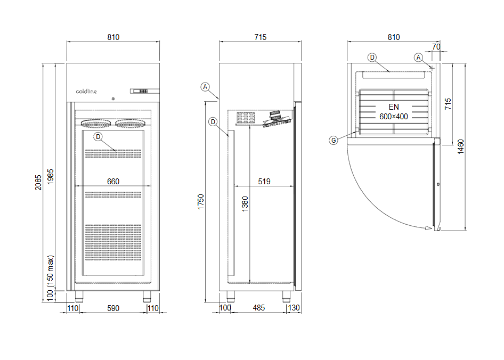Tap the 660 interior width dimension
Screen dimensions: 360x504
tap(113, 182)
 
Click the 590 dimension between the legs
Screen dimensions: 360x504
tap(113, 308)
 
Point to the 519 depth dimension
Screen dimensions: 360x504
tap(264, 182)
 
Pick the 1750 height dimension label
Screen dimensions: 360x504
tap(201, 202)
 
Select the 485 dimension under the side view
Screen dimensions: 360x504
tap(259, 308)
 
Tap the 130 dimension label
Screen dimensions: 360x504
tap(294, 308)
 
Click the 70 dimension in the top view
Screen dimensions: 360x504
tap(436, 47)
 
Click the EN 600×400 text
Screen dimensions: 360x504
tap(394, 112)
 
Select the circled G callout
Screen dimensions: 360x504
tap(334, 141)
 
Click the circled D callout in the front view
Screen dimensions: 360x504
tap(98, 137)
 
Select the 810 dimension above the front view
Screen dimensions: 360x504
tap(113, 37)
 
